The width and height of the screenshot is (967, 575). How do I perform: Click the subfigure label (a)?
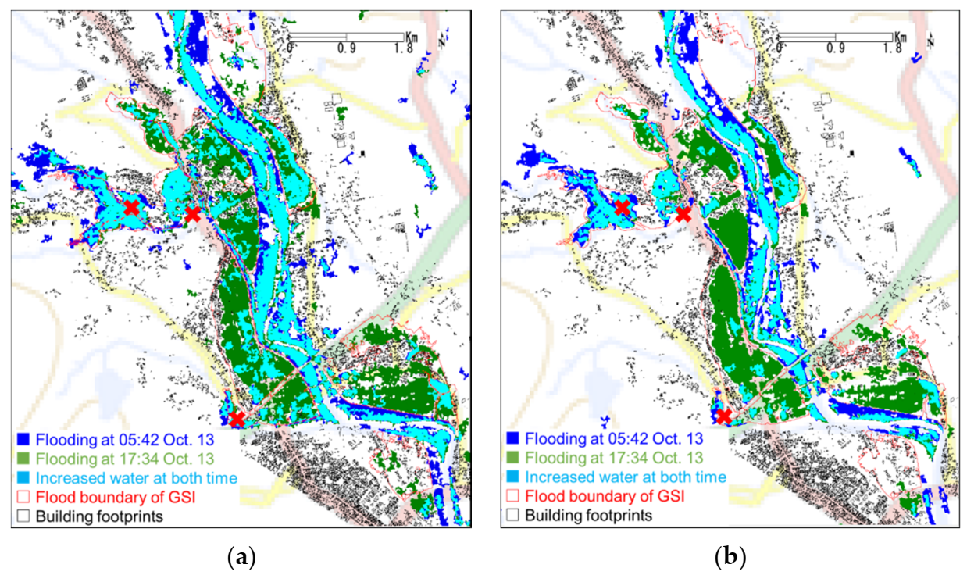(x=241, y=558)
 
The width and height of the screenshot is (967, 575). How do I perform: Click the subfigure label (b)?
(x=730, y=558)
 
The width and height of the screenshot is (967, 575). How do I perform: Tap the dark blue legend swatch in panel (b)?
(x=512, y=439)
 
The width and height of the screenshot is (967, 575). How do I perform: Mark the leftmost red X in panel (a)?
(x=131, y=208)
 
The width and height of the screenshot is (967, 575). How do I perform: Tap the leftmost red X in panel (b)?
(x=622, y=208)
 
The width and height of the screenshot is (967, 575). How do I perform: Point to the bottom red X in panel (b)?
(x=725, y=416)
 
